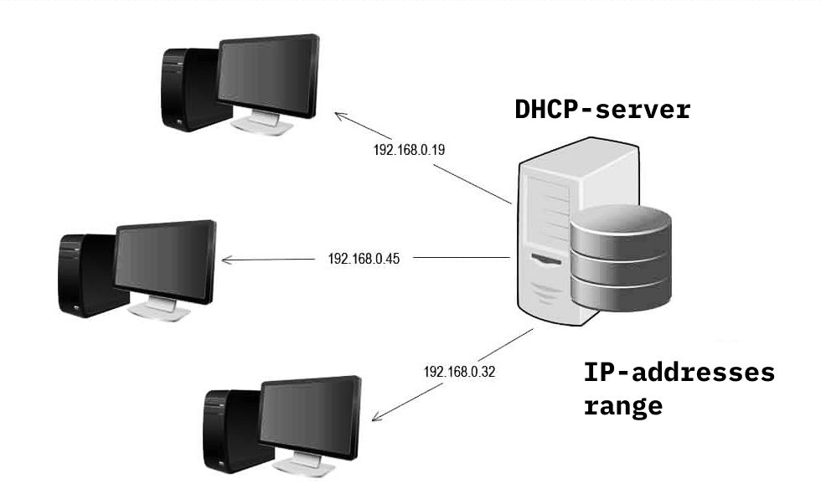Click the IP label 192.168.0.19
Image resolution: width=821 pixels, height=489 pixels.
tap(408, 151)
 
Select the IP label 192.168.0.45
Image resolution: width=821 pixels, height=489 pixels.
tap(364, 259)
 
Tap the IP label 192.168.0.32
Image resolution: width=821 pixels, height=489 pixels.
tap(460, 372)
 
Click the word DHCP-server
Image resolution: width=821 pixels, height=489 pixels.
tap(602, 110)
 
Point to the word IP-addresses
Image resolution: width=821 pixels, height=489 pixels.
tap(679, 373)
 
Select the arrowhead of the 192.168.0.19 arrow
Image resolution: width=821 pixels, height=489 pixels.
tap(338, 115)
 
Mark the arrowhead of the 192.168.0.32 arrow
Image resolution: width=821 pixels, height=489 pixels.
tap(374, 418)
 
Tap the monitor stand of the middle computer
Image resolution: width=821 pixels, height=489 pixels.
tap(161, 309)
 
